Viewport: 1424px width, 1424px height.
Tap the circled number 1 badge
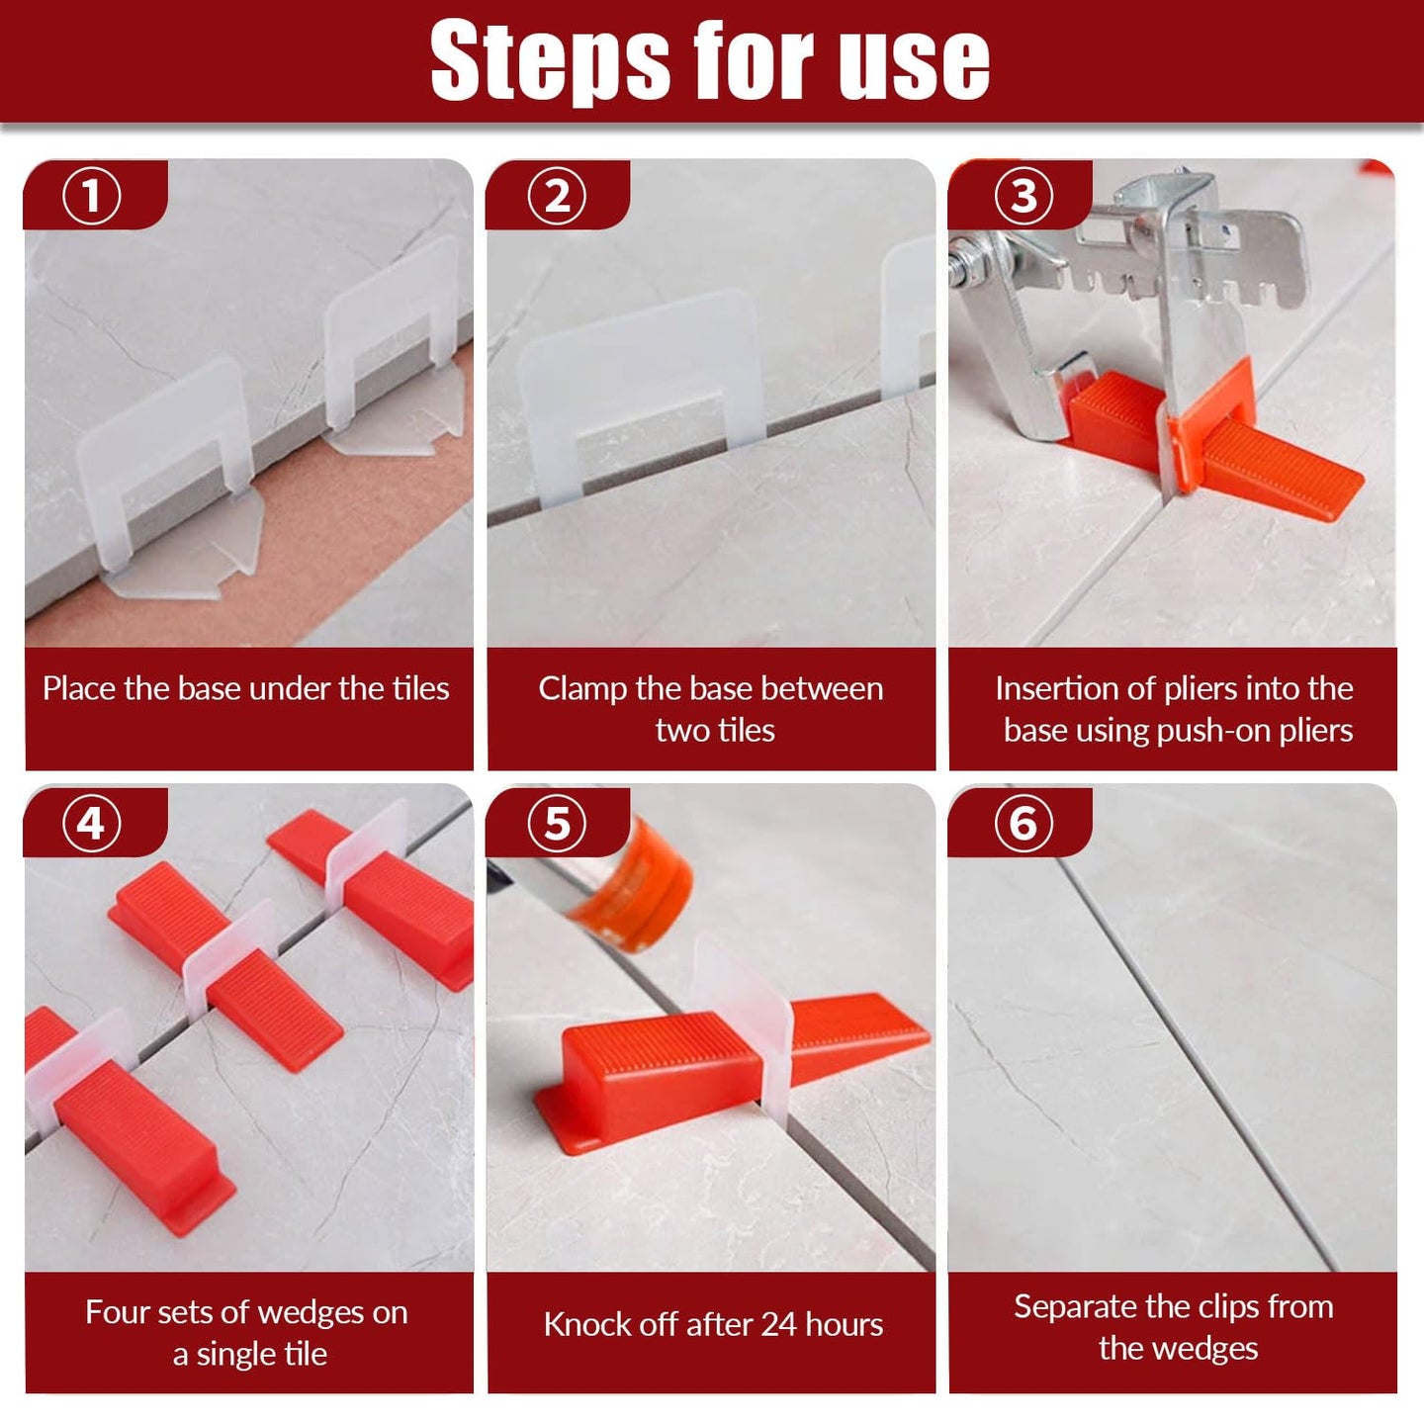click(92, 197)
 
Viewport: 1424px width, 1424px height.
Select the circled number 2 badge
click(557, 197)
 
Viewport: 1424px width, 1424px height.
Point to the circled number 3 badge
click(1023, 197)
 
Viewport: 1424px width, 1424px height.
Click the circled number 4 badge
click(92, 823)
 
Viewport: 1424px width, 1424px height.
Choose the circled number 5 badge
click(557, 823)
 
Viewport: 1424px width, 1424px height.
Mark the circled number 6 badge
click(1023, 823)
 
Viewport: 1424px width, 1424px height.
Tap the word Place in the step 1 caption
click(80, 688)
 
